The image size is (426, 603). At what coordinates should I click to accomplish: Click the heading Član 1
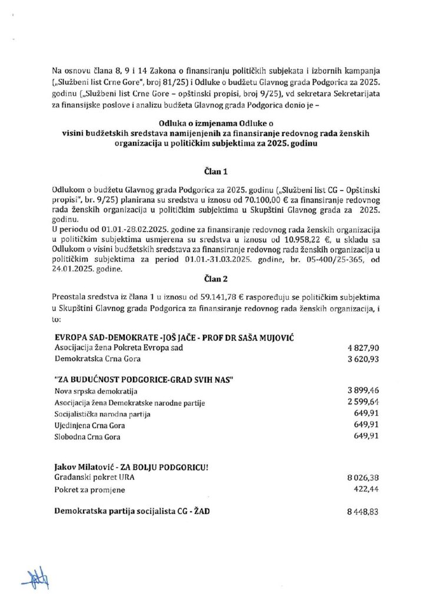(x=212, y=171)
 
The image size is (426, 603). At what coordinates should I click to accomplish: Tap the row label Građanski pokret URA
(x=91, y=479)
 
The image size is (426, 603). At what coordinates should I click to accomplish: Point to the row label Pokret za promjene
(x=89, y=489)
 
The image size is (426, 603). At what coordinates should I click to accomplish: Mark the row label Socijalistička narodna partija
(x=102, y=414)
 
